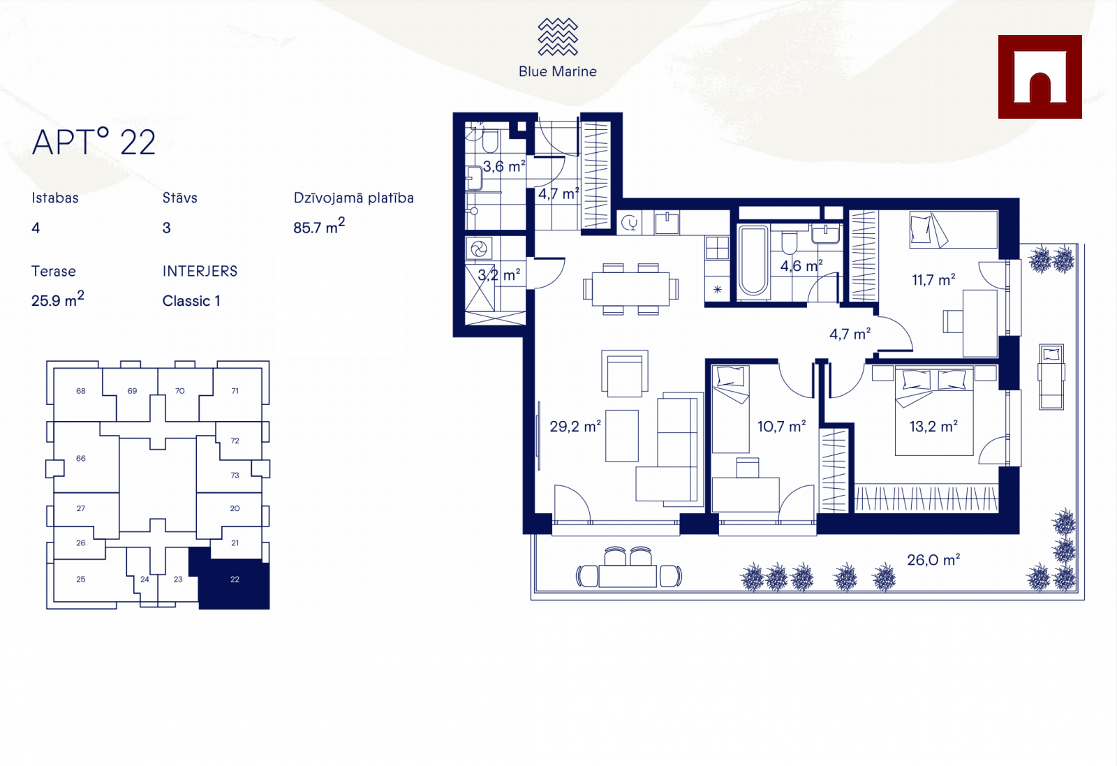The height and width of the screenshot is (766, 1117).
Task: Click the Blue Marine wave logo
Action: [x=558, y=36]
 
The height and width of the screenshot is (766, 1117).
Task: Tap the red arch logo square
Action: [x=1040, y=77]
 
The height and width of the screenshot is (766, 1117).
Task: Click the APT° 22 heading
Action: [x=94, y=142]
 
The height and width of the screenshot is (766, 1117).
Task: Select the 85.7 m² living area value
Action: [x=319, y=226]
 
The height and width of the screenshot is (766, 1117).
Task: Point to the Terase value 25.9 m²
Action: [x=57, y=300]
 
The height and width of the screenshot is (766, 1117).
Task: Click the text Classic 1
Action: [x=191, y=301]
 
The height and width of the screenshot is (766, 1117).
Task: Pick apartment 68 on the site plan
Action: [x=81, y=391]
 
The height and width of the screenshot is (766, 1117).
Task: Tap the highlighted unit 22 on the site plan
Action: [x=235, y=579]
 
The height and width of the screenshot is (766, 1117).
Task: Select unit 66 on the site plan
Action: [x=81, y=458]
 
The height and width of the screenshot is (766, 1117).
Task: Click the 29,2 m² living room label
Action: [x=575, y=427]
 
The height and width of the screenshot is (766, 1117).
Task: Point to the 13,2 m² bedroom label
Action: [x=933, y=427]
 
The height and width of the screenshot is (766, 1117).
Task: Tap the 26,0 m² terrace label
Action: [x=933, y=559]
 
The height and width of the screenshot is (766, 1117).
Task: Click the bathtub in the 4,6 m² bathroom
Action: [x=753, y=261]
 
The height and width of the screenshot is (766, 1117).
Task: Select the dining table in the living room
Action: [x=630, y=289]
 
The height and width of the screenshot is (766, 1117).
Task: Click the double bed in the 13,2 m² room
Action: [x=934, y=411]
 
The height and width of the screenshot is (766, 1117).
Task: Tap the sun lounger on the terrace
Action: [x=1051, y=376]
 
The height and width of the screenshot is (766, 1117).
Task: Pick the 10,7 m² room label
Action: [x=781, y=427]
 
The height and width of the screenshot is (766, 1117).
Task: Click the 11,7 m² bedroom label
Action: [x=933, y=280]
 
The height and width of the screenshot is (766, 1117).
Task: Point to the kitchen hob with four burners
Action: [x=717, y=248]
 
